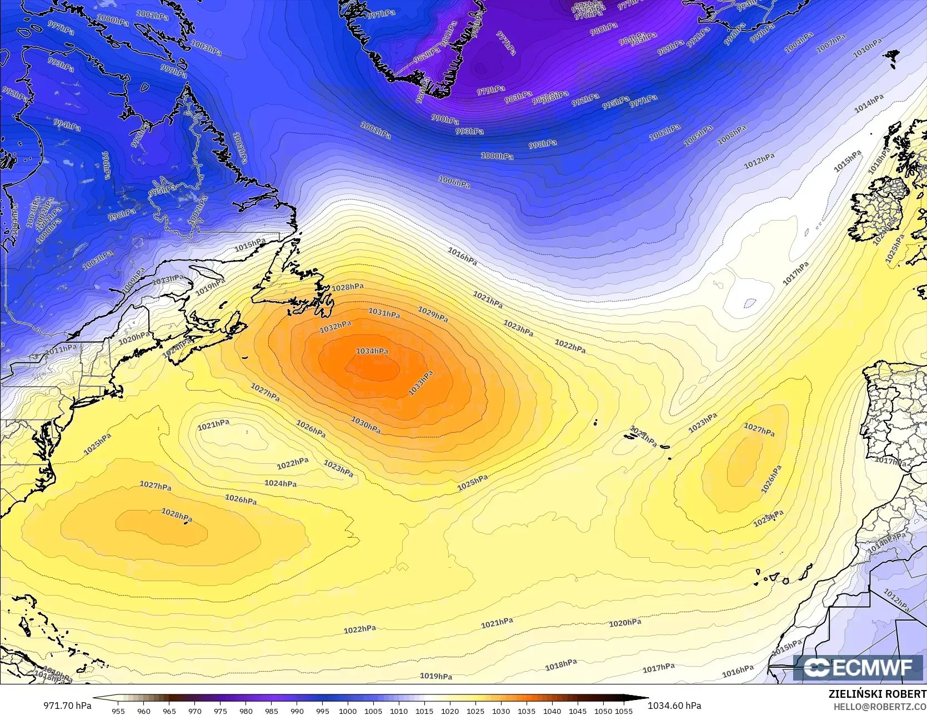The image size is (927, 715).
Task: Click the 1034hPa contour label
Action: (372, 351)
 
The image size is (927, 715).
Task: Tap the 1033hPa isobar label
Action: (420, 383)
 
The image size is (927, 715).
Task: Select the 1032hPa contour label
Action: (335, 327)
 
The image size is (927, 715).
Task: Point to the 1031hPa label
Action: (384, 313)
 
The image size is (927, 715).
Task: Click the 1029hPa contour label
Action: (433, 314)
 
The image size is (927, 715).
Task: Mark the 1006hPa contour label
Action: (454, 182)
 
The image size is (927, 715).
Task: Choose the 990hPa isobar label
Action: (445, 119)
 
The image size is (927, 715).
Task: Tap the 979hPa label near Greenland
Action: (491, 91)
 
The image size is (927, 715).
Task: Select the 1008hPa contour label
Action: (731, 135)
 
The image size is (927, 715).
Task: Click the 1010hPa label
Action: (867, 48)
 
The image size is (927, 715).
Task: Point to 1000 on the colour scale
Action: (348, 711)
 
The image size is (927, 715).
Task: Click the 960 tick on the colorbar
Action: (144, 711)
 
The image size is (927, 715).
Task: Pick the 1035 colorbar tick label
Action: (527, 711)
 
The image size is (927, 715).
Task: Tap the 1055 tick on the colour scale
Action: (624, 711)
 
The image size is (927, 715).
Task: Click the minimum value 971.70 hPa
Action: (67, 706)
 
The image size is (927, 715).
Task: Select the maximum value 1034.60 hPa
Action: (674, 706)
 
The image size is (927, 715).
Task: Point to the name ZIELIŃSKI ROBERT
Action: (877, 694)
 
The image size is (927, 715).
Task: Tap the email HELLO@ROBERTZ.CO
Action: (880, 706)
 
